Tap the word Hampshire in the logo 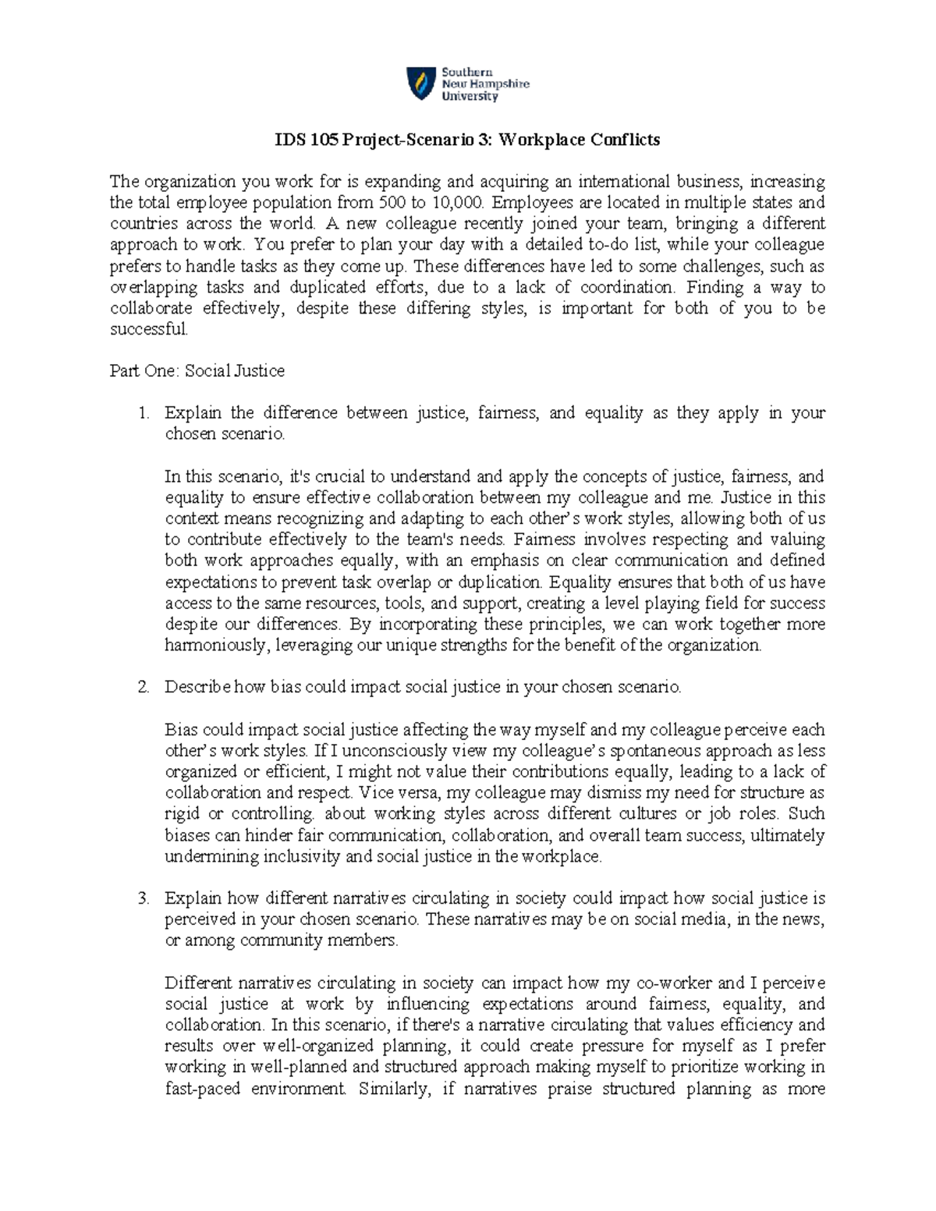(499, 84)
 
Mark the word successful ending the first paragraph (148, 329)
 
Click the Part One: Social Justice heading (197, 371)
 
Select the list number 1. (143, 413)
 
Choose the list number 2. (143, 688)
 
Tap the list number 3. (143, 898)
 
